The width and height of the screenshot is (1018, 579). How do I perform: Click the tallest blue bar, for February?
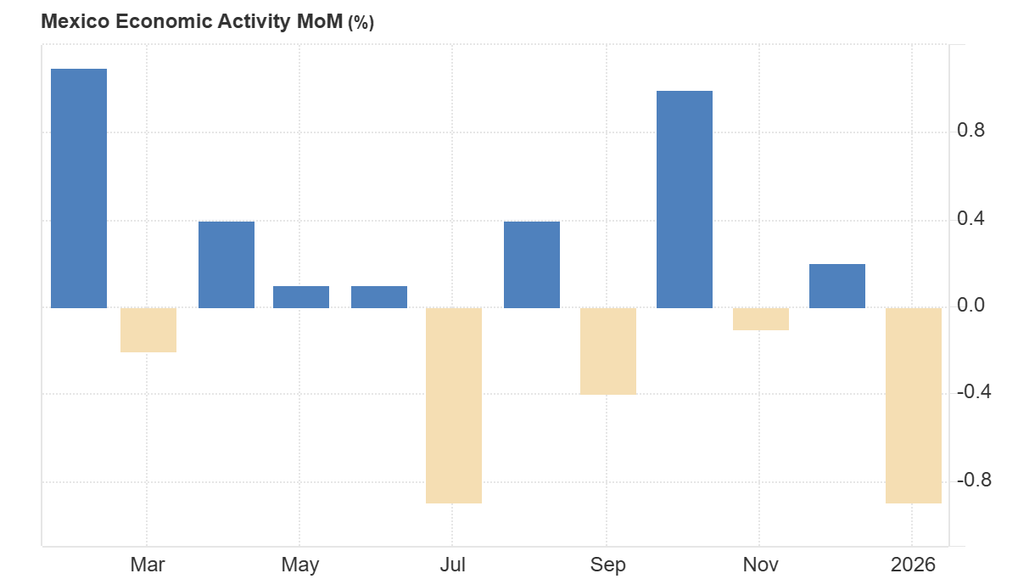click(x=79, y=188)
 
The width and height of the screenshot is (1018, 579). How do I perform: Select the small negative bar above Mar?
click(x=148, y=329)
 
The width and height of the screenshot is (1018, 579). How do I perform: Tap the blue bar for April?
click(x=227, y=264)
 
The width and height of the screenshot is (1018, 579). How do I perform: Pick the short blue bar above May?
click(x=301, y=296)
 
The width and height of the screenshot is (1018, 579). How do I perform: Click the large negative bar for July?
click(x=454, y=405)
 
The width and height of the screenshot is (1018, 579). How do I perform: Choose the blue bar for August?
click(x=532, y=264)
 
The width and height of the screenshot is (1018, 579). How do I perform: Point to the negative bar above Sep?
click(x=608, y=351)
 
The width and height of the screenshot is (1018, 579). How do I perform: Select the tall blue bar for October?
click(x=685, y=199)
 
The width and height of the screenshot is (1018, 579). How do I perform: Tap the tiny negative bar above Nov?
click(x=761, y=318)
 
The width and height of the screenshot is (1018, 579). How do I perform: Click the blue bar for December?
click(x=837, y=285)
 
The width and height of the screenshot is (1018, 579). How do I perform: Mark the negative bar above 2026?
click(x=914, y=405)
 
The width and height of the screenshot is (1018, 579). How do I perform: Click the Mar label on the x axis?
click(x=148, y=565)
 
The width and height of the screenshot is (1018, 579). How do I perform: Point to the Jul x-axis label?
click(x=453, y=565)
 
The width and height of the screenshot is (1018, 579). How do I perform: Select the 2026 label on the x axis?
click(x=913, y=565)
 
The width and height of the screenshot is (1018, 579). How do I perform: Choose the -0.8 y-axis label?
click(x=973, y=481)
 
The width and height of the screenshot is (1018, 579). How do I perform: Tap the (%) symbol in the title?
click(x=361, y=23)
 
